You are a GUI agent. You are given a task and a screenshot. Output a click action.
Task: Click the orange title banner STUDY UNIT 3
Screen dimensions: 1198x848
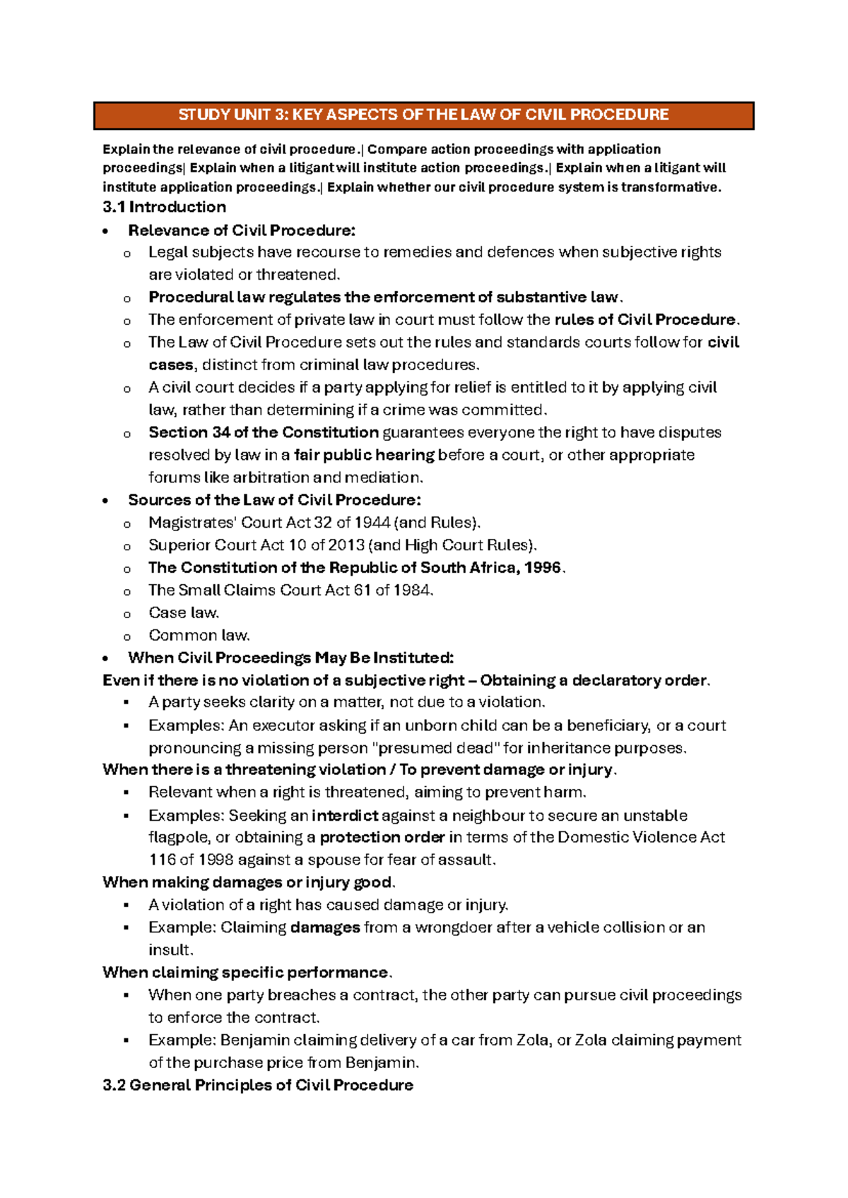click(x=423, y=115)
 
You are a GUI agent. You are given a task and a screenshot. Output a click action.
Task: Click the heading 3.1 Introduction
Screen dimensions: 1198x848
click(x=164, y=207)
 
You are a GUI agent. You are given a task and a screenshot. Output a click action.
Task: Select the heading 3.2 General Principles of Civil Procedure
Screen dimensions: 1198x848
click(x=258, y=1085)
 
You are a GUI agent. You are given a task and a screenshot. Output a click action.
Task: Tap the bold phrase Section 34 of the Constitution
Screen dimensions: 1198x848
click(x=264, y=432)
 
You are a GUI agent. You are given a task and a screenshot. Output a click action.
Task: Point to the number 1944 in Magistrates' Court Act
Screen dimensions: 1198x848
click(x=372, y=523)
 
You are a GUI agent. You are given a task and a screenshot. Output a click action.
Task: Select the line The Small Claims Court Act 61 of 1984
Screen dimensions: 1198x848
click(x=290, y=591)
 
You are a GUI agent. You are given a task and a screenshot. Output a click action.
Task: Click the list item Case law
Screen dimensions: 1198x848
click(x=184, y=613)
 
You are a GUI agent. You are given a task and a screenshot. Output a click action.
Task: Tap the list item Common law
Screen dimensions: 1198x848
click(x=199, y=636)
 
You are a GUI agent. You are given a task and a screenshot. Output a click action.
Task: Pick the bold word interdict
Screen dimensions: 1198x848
click(x=345, y=816)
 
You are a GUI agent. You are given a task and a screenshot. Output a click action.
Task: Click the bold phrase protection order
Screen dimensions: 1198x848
click(x=382, y=838)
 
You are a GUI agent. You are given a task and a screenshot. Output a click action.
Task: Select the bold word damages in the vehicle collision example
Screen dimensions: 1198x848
click(x=325, y=927)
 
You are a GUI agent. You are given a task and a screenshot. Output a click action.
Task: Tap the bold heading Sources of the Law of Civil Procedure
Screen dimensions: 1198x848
click(x=274, y=500)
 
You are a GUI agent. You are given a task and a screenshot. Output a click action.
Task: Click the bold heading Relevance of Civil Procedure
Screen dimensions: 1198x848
click(x=242, y=230)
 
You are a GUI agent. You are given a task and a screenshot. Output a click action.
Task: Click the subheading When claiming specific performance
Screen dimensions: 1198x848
click(x=245, y=973)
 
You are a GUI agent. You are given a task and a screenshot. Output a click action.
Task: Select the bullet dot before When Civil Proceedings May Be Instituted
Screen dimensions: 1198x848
click(x=105, y=659)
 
